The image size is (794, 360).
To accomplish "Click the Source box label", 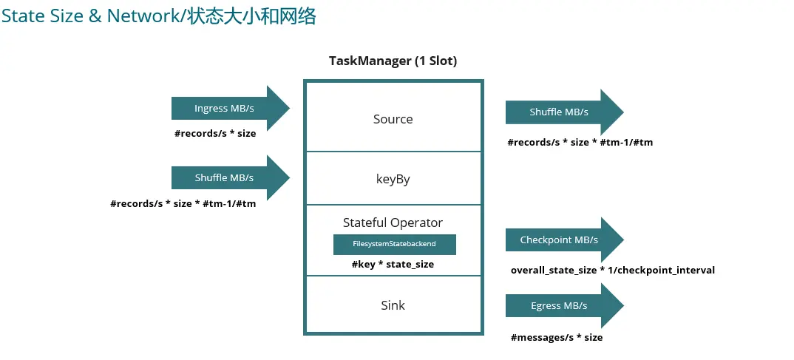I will [x=393, y=119].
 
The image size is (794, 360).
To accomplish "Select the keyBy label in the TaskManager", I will [x=393, y=179].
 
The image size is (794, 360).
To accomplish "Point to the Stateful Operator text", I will [x=393, y=223].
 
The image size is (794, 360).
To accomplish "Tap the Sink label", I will [x=393, y=305].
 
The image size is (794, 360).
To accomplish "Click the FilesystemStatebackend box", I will [x=394, y=244].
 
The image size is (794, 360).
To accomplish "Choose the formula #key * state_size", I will [x=393, y=264].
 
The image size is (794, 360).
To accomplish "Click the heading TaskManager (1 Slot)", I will [x=393, y=61].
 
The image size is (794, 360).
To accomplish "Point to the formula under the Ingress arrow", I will [x=214, y=134].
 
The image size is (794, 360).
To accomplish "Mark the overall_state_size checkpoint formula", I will [x=612, y=271].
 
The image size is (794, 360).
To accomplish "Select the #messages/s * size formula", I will [x=556, y=338].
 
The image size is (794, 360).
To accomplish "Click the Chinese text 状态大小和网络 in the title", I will [x=251, y=16].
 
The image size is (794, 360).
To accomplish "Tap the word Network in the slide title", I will [x=143, y=16].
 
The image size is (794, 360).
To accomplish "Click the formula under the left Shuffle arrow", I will [x=183, y=203].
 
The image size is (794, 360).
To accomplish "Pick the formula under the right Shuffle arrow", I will [x=580, y=143].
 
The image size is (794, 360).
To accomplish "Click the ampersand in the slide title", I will [x=95, y=16].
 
